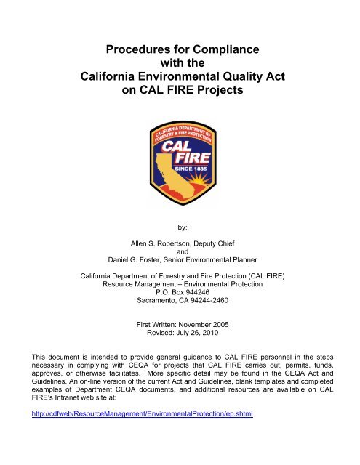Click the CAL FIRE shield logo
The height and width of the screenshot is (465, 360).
click(180, 150)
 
